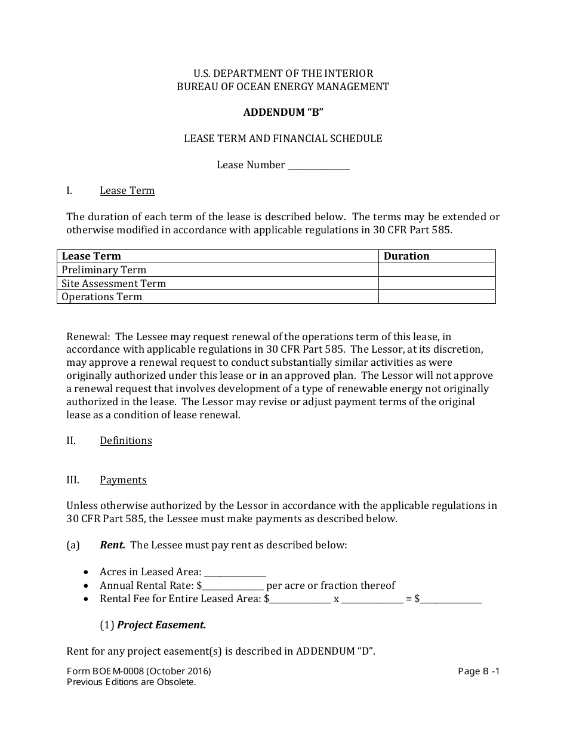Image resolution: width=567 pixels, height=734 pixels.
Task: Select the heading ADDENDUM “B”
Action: [283, 112]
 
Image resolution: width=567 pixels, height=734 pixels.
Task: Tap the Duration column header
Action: [406, 256]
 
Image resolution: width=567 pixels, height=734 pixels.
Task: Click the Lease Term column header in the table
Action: [91, 256]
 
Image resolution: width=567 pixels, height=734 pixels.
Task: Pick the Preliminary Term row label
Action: [104, 270]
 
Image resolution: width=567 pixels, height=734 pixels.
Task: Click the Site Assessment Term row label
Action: [114, 283]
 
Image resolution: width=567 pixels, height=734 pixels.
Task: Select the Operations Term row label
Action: [102, 297]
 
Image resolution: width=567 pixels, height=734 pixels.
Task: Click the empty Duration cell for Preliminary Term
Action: [437, 270]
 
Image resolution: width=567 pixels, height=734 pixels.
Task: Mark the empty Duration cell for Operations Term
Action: [437, 297]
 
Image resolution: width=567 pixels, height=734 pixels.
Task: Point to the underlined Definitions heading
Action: [126, 440]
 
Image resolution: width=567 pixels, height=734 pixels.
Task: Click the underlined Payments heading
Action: [123, 480]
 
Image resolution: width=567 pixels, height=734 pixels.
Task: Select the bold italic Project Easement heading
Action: [161, 625]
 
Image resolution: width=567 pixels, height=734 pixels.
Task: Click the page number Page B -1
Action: [479, 671]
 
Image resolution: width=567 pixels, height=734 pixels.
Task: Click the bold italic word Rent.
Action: [112, 545]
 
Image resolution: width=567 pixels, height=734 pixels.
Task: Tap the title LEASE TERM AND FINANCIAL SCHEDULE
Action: [283, 138]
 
